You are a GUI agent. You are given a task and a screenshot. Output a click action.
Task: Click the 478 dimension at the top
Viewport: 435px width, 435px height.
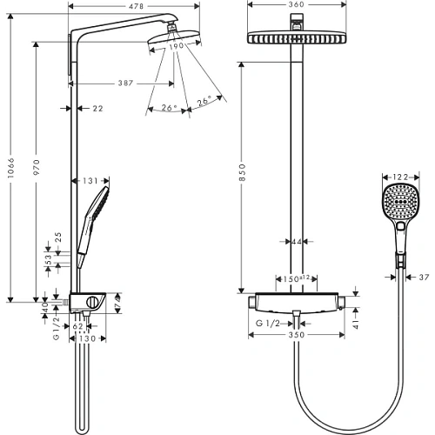[136, 6]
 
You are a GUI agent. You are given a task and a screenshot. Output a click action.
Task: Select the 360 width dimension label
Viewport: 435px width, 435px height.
[297, 4]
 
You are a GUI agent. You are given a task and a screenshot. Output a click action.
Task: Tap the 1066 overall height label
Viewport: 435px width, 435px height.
[10, 168]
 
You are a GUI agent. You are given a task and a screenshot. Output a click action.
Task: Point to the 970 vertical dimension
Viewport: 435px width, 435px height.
[37, 167]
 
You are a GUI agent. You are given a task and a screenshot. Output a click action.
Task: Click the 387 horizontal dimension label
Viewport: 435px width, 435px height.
[125, 84]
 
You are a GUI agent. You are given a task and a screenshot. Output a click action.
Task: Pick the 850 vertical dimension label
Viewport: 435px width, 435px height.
[242, 172]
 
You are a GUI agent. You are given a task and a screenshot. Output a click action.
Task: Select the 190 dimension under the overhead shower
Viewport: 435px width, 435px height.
[177, 46]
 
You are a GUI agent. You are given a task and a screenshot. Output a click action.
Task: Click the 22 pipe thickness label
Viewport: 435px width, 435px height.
[97, 109]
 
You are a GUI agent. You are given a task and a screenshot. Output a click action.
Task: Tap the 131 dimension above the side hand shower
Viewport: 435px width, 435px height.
[90, 181]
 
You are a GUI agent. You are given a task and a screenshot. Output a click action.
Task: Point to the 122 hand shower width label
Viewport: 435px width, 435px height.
[400, 177]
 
